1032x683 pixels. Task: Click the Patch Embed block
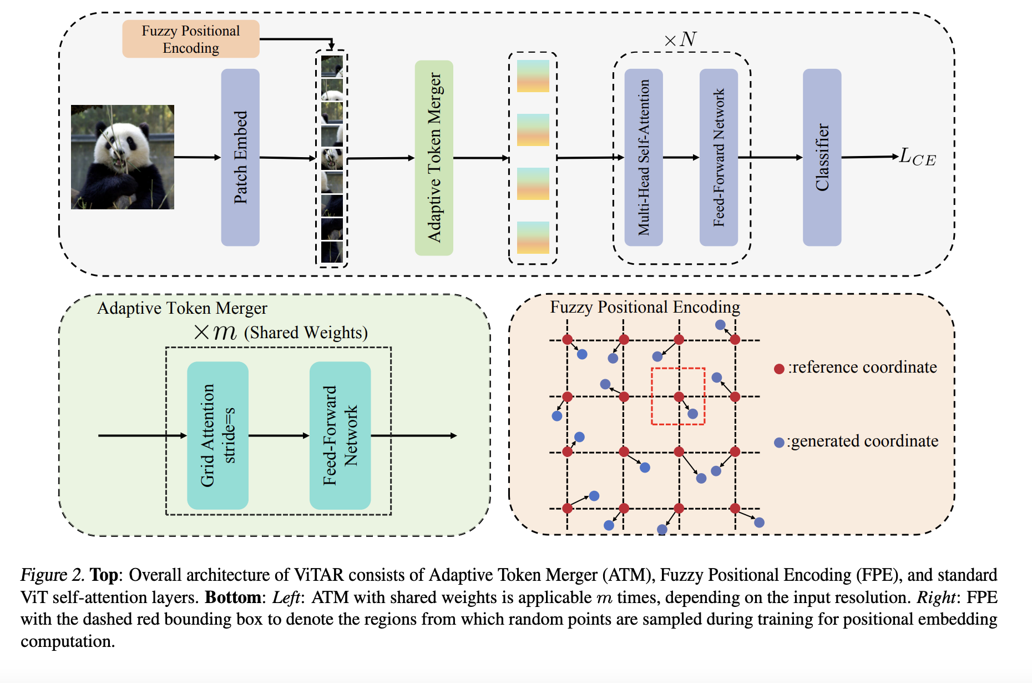[240, 157]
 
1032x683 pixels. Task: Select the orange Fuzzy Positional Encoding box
[190, 39]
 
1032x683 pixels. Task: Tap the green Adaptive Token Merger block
[434, 158]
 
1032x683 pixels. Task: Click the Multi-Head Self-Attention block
[644, 157]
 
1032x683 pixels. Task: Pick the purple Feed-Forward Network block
[719, 157]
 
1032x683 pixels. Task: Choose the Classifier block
[822, 157]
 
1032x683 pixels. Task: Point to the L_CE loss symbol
[917, 157]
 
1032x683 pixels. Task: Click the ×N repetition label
[680, 39]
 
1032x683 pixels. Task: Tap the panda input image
[123, 157]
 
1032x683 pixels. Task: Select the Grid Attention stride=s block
[217, 435]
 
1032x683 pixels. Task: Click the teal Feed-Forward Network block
[340, 435]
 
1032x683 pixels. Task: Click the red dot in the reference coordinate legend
[779, 369]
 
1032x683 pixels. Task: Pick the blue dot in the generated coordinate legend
[779, 443]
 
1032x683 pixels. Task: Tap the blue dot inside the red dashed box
[692, 414]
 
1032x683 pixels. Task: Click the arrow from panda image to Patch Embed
[198, 157]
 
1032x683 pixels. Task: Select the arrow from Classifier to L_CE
[869, 157]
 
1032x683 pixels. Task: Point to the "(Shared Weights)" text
[306, 333]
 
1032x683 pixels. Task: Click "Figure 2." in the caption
[52, 575]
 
